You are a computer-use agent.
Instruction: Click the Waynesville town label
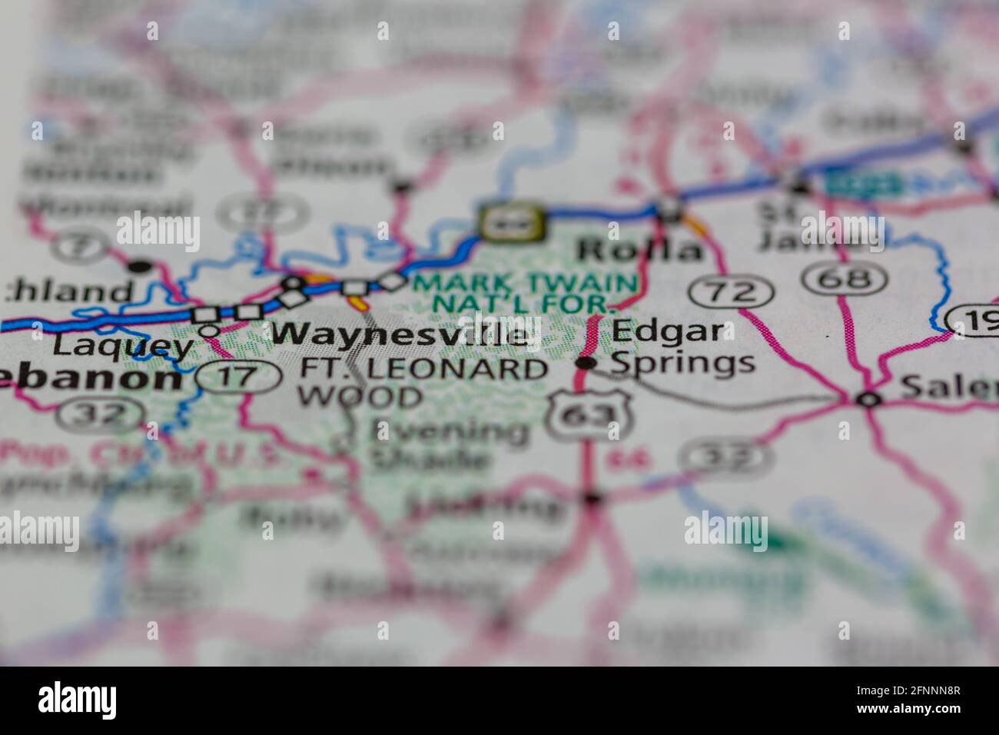point(401,334)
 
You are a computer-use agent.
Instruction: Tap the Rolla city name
point(640,250)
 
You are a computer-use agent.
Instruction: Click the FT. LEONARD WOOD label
point(423,382)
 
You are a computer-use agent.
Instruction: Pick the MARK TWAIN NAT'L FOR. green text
point(525,293)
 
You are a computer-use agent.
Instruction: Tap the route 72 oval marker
point(731,291)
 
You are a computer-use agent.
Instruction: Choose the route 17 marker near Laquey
point(238,377)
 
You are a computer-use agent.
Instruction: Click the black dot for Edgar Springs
point(586,363)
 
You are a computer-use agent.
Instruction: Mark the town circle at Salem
point(868,399)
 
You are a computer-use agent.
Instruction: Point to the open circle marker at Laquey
point(209,330)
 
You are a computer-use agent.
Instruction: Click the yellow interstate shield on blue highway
point(513,222)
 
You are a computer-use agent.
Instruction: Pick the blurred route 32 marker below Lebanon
point(104,414)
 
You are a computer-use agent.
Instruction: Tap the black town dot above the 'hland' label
point(140,267)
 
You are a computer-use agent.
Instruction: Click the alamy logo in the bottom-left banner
point(78,700)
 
